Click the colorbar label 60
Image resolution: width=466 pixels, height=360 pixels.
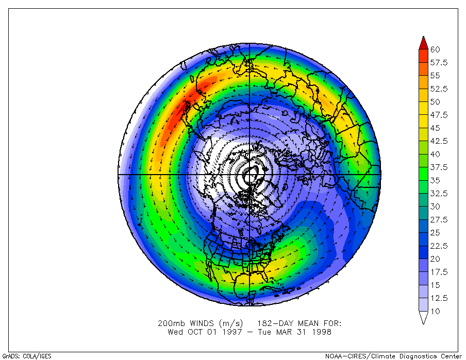click(435, 49)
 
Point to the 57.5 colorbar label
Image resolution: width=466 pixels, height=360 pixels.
click(439, 63)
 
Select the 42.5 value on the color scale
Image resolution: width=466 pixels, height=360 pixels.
click(439, 141)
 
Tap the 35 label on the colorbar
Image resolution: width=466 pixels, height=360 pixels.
click(435, 180)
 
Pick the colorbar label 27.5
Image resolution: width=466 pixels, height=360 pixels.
click(439, 220)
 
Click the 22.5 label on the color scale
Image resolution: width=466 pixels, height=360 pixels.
click(439, 246)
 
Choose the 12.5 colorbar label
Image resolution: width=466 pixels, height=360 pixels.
click(439, 298)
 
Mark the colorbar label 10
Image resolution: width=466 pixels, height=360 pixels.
click(435, 311)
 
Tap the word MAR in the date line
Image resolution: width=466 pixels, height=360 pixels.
click(279, 332)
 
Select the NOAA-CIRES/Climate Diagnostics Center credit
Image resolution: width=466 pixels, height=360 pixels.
click(393, 356)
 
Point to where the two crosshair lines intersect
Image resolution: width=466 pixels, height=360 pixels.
click(250, 175)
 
